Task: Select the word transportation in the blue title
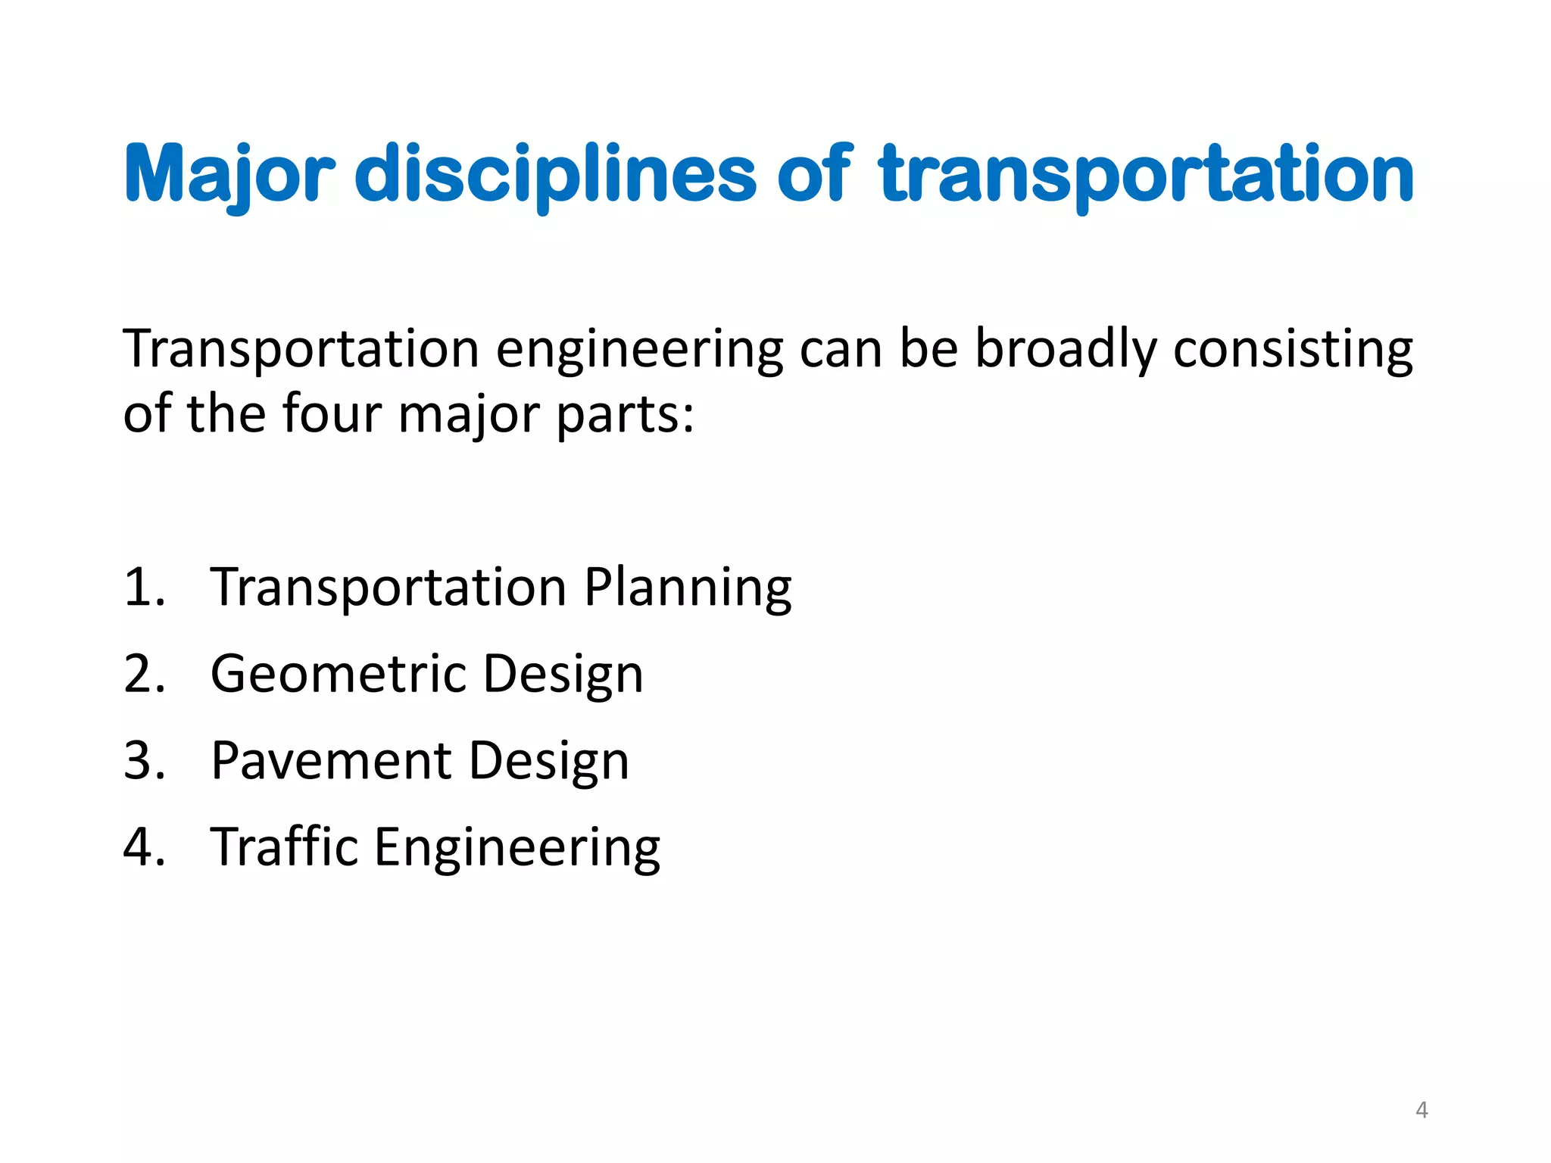[1146, 174]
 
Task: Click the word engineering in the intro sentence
[639, 350]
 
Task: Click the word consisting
[1293, 350]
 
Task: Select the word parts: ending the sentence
[626, 416]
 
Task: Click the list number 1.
[143, 587]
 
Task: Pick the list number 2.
[143, 673]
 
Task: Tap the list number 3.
[143, 760]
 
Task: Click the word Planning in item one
[688, 588]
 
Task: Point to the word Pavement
[332, 760]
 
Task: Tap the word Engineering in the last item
[517, 848]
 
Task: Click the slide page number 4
[1421, 1110]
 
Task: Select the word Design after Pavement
[549, 762]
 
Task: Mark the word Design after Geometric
[563, 675]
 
